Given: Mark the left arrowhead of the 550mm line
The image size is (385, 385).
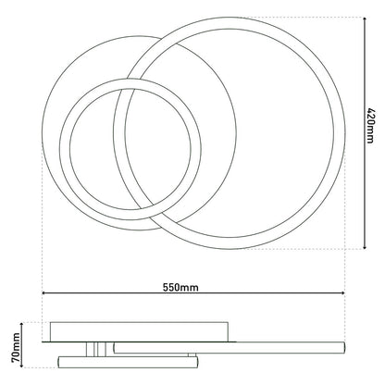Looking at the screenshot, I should pyautogui.click(x=44, y=297).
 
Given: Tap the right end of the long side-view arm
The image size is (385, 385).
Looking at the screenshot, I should pyautogui.click(x=343, y=347).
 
